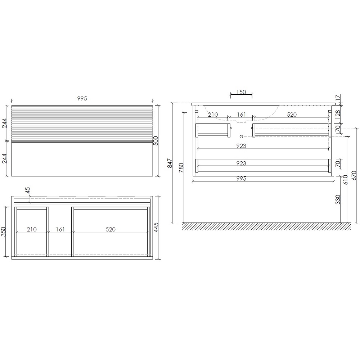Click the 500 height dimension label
pyautogui.click(x=156, y=141)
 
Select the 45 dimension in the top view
pyautogui.click(x=28, y=190)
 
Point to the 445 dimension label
pyautogui.click(x=156, y=228)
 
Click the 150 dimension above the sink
pyautogui.click(x=241, y=92)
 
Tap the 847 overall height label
pyautogui.click(x=170, y=163)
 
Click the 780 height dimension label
pyautogui.click(x=181, y=168)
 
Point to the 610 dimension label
pyautogui.click(x=346, y=180)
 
